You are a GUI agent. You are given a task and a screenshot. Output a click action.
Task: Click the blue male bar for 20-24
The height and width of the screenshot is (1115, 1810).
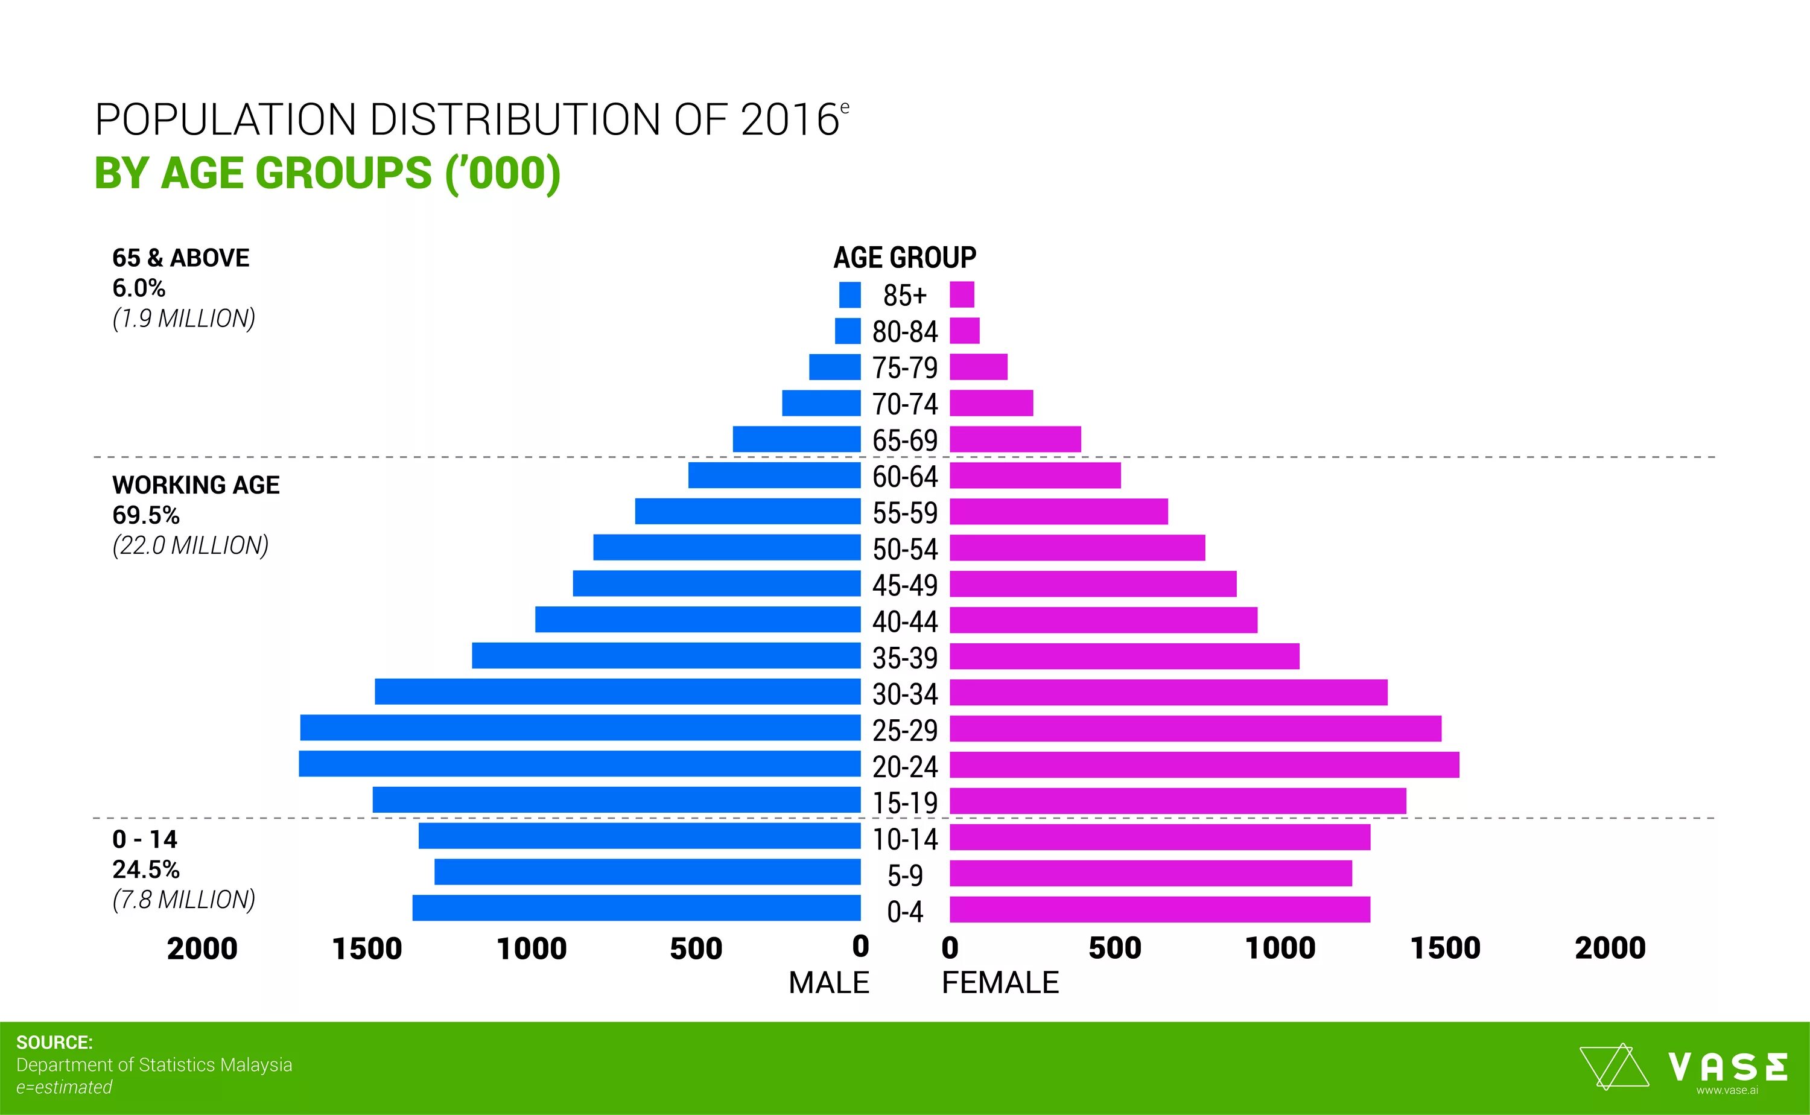click(579, 764)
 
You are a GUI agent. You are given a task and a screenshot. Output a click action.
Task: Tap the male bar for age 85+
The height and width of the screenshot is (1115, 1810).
click(849, 295)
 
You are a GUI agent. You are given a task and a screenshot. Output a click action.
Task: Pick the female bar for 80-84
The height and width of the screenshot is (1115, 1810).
click(964, 331)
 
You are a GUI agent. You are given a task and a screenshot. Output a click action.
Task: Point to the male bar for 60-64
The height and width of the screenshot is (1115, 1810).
click(774, 475)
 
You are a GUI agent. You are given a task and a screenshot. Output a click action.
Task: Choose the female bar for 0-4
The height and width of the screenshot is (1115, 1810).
click(1160, 909)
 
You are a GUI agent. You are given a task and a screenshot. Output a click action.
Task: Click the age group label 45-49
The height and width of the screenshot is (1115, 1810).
click(904, 585)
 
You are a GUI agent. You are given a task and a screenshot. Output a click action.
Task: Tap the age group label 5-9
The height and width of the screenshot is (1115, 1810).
click(904, 876)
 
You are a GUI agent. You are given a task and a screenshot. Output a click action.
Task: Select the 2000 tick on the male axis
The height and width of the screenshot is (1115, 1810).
click(202, 949)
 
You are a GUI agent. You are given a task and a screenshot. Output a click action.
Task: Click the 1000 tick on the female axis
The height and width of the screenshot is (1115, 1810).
click(1280, 948)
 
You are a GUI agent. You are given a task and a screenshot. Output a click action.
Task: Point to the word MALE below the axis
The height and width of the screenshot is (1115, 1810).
click(829, 983)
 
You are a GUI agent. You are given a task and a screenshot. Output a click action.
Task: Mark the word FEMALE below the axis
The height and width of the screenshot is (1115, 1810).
click(1000, 983)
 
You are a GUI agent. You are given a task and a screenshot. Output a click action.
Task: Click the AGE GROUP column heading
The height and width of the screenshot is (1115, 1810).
click(904, 258)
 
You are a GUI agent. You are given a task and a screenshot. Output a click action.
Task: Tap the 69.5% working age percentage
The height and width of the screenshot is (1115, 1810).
click(146, 515)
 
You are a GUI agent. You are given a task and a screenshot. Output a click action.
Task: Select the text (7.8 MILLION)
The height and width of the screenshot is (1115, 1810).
click(183, 900)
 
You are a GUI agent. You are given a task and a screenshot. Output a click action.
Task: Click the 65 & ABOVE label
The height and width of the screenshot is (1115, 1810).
click(180, 258)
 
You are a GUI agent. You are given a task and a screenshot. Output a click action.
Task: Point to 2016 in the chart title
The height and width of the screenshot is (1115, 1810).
click(790, 119)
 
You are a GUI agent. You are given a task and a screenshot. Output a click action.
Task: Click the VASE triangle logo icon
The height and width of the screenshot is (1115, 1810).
click(1613, 1066)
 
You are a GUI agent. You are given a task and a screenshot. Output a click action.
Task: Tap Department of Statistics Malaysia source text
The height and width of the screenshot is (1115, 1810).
click(154, 1065)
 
